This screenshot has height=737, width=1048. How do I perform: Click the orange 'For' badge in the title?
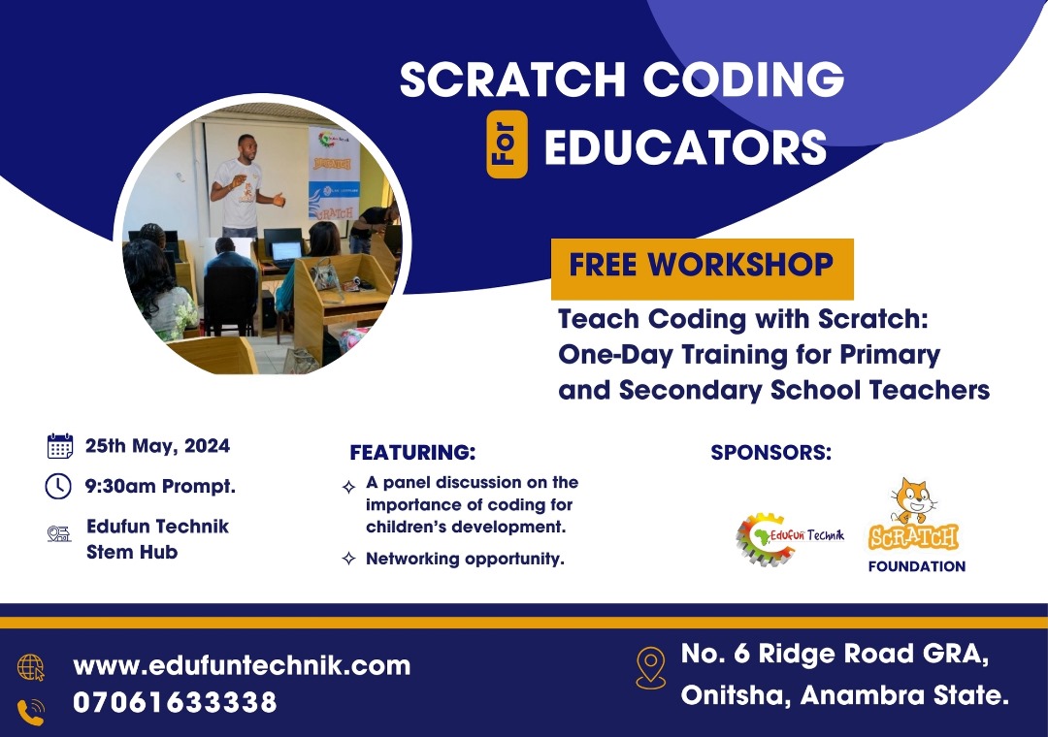pos(507,144)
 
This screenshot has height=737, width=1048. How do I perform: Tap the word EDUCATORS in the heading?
pos(686,147)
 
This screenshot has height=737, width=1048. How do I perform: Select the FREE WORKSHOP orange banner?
pos(702,269)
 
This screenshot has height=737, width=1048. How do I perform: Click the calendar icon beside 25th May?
pos(59,446)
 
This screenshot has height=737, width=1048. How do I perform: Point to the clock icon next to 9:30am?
pos(58,486)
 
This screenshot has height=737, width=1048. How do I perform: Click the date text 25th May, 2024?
pos(157,446)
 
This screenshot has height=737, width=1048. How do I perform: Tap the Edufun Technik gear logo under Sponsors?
pos(790,538)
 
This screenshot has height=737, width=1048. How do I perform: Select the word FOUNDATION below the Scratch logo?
pos(917,566)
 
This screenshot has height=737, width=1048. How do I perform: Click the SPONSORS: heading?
pos(771,452)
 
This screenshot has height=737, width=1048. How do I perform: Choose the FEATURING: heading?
pos(412,452)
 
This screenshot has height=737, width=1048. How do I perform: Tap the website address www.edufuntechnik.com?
pos(242,665)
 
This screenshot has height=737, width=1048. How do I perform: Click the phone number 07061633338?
pos(175,702)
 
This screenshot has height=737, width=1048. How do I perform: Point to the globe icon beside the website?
pos(31,667)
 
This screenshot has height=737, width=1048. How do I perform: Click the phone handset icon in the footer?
pos(31,712)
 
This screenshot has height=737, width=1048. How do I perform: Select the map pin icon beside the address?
pos(650,667)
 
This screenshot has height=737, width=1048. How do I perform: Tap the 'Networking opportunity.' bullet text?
pos(465,559)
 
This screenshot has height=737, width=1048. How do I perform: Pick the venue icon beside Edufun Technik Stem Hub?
pos(59,533)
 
